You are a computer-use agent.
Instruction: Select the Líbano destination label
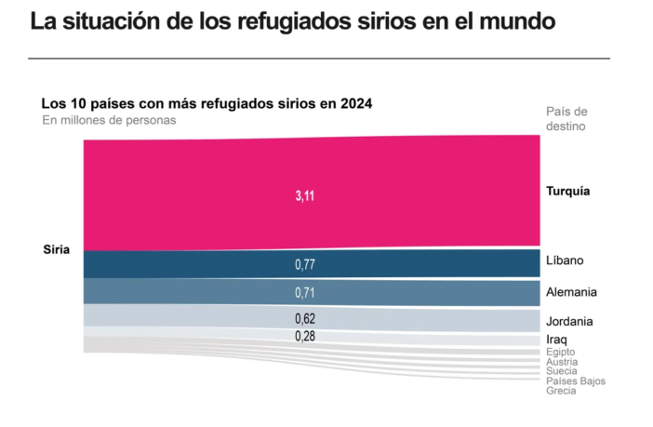point(566,261)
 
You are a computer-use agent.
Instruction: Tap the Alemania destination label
point(571,292)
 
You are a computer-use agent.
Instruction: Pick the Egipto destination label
point(562,353)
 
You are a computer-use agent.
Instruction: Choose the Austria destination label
point(562,362)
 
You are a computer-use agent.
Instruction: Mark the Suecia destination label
point(563,371)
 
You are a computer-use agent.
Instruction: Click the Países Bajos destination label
point(576,381)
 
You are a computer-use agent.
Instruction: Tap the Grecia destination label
point(561,391)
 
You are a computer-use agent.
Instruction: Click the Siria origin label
point(56,249)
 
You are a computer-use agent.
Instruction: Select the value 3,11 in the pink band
point(304,195)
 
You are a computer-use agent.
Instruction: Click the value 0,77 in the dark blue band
point(304,265)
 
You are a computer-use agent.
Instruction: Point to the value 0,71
point(304,293)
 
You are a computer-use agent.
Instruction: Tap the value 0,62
point(304,319)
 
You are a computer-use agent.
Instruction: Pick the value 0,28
point(304,335)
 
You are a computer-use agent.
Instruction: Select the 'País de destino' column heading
point(566,118)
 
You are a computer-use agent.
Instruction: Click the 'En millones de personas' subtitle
point(109,120)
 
